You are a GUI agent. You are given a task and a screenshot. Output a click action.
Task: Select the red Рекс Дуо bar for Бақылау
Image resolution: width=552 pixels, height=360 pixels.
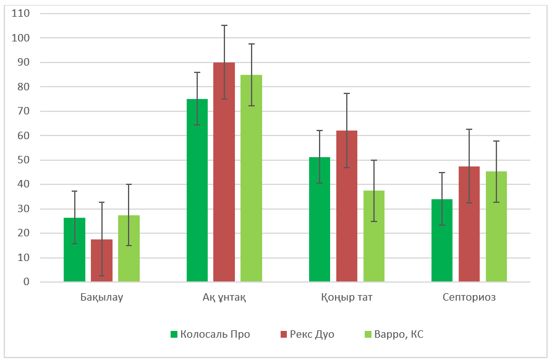(x=101, y=260)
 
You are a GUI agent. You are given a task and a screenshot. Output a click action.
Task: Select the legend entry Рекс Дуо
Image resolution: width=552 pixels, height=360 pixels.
(x=307, y=335)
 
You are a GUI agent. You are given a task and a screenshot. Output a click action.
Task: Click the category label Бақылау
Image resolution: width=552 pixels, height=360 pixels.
(x=101, y=298)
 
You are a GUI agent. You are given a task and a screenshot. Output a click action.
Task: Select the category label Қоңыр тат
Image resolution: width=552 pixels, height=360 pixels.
(x=347, y=298)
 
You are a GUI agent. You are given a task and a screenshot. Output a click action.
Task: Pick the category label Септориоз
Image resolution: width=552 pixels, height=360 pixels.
(x=469, y=298)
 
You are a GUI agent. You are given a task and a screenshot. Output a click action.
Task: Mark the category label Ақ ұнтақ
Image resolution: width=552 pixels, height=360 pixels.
(x=224, y=298)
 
